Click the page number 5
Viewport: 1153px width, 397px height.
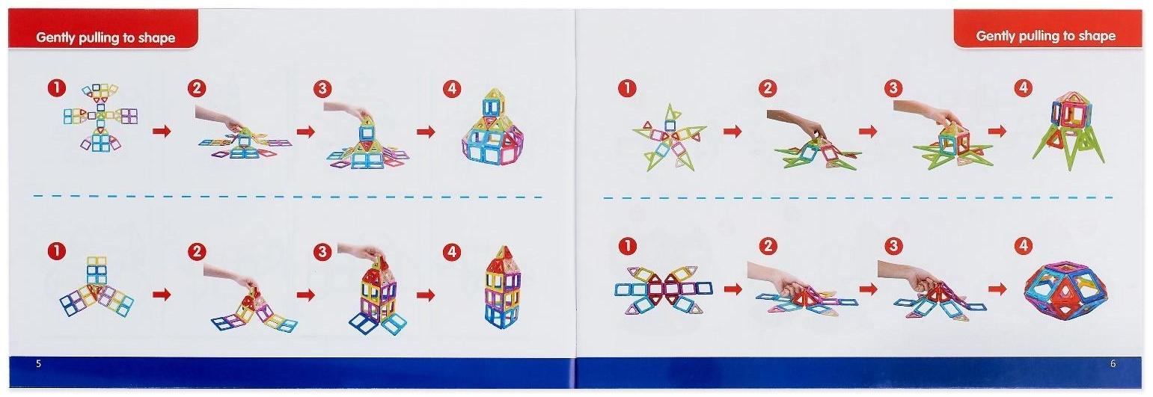pyautogui.click(x=38, y=364)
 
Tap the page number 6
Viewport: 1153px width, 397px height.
pyautogui.click(x=1113, y=364)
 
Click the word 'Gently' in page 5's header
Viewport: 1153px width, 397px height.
pyautogui.click(x=55, y=38)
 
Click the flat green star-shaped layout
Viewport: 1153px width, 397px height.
pyautogui.click(x=669, y=138)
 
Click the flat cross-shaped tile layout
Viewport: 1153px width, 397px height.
pyautogui.click(x=101, y=117)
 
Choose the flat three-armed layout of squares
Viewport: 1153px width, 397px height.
pyautogui.click(x=97, y=287)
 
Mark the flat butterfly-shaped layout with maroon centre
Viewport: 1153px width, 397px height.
pyautogui.click(x=664, y=289)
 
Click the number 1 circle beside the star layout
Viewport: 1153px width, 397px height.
pyautogui.click(x=627, y=88)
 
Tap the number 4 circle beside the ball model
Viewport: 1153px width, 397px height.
pyautogui.click(x=1024, y=246)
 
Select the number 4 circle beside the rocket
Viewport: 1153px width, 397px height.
pyautogui.click(x=1024, y=88)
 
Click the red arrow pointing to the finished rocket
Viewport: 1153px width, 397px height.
pyautogui.click(x=997, y=131)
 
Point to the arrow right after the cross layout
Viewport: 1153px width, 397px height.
pyautogui.click(x=162, y=132)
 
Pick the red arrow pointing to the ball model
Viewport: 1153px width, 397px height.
pyautogui.click(x=997, y=289)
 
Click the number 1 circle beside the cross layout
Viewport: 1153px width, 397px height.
pyautogui.click(x=57, y=88)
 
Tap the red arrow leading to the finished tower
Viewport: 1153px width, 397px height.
pyautogui.click(x=426, y=295)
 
